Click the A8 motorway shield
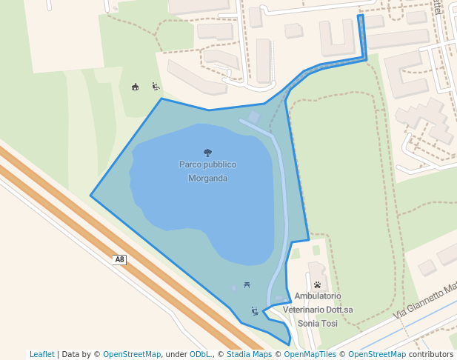(120, 259)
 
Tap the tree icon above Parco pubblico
(207, 153)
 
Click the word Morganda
(207, 179)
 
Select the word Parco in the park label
(191, 164)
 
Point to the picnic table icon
(247, 284)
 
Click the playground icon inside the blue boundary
(255, 311)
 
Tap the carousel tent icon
(135, 87)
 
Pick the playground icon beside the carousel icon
(156, 87)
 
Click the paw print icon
(317, 284)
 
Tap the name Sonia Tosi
(318, 324)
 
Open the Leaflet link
(42, 354)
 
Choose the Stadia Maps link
(249, 354)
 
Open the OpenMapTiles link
(307, 354)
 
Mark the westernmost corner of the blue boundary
(91, 196)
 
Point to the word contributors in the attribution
(431, 354)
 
